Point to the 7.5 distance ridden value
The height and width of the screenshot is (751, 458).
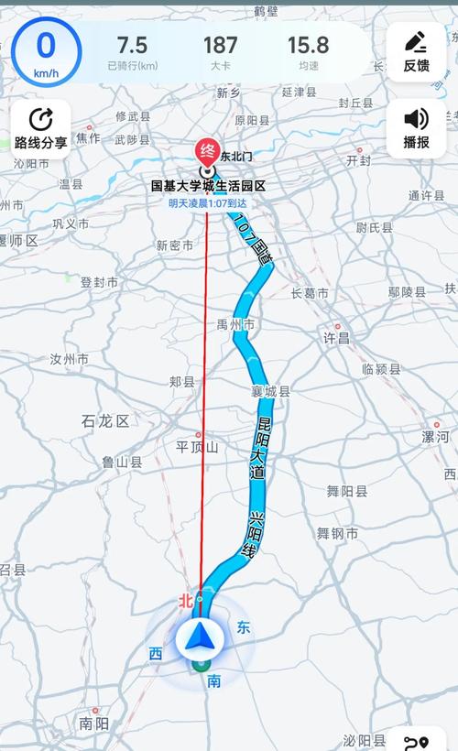click(132, 45)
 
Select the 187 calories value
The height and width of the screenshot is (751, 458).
click(220, 45)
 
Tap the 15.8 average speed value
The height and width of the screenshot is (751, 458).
click(308, 45)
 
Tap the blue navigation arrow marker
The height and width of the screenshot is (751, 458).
click(200, 637)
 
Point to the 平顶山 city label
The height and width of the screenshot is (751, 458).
click(197, 447)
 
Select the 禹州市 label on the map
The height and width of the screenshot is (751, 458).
click(236, 324)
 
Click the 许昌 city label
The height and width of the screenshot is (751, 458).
click(336, 338)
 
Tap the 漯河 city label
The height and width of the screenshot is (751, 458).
click(435, 436)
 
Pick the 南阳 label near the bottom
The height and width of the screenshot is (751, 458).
click(93, 723)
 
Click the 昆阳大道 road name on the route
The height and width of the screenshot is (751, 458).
click(264, 449)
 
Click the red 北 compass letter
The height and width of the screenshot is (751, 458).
click(187, 601)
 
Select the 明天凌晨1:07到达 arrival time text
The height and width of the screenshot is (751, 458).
click(208, 204)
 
